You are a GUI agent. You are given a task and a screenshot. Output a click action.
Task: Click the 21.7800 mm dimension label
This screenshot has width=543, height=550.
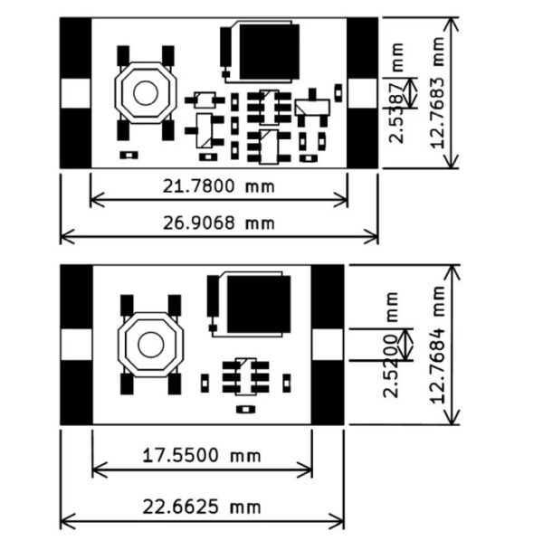point(218,186)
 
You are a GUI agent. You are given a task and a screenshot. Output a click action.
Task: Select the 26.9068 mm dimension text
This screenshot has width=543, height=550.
point(218,223)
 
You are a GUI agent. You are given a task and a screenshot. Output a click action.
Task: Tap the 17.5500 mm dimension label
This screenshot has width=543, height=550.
point(201,455)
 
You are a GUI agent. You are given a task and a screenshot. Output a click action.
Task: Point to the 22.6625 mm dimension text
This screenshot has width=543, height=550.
point(202,506)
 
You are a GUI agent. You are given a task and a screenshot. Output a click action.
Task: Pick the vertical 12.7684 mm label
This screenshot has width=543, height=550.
point(441,344)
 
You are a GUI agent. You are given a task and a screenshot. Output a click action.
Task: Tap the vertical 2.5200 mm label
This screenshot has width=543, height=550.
point(392,345)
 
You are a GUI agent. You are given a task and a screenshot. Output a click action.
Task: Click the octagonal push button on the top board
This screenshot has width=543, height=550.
point(145,93)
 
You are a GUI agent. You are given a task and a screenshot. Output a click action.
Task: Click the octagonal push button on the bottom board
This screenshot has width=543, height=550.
point(150,344)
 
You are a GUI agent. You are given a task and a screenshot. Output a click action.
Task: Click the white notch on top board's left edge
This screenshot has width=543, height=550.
point(76,93)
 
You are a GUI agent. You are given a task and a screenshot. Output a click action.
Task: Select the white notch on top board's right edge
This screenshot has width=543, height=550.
point(362,93)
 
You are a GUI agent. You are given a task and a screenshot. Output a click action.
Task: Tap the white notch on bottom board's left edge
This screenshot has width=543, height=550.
point(76,344)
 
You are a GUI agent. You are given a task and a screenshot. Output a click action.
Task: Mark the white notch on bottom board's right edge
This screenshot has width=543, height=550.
point(328,344)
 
